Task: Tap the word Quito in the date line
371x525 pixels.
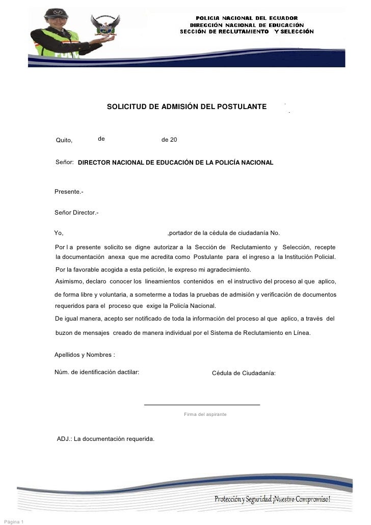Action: point(64,140)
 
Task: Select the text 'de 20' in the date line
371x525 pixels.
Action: point(169,139)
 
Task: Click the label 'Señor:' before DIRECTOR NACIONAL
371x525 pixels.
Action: point(65,162)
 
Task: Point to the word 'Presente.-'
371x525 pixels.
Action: point(69,192)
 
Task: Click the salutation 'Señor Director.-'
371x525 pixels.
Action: point(76,212)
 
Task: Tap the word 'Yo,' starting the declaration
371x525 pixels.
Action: point(59,233)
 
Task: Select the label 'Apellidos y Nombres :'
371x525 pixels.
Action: point(85,355)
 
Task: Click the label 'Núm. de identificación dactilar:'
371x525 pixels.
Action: point(97,373)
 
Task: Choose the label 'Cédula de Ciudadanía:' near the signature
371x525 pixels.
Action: point(244,373)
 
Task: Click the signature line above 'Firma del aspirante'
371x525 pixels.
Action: point(202,405)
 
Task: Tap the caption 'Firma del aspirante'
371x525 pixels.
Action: point(205,414)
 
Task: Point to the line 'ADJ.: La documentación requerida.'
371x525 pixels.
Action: point(105,439)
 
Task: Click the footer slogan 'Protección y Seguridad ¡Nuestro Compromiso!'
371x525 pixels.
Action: point(272,498)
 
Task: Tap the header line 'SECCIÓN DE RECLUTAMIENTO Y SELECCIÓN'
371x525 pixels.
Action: point(247,32)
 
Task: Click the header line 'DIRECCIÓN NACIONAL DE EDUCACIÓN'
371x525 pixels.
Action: point(247,24)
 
